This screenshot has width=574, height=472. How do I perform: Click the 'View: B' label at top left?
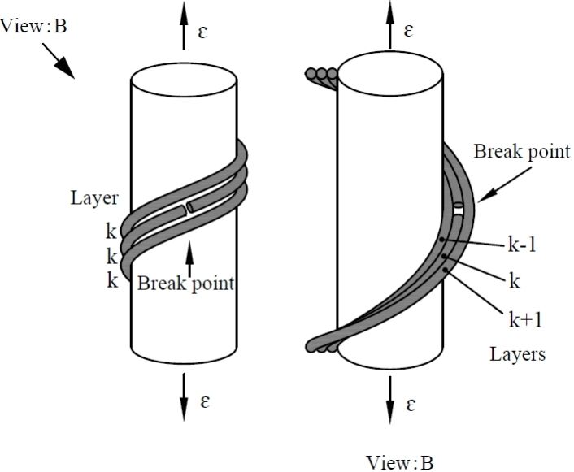34,25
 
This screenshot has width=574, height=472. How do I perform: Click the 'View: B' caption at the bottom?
400,463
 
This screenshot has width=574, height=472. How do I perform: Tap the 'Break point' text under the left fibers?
185,284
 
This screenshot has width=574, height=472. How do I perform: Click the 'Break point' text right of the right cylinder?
521,151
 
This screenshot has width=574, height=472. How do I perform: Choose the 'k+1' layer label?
524,320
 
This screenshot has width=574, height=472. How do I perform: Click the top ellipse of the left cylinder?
185,82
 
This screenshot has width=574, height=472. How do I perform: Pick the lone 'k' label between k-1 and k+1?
514,282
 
